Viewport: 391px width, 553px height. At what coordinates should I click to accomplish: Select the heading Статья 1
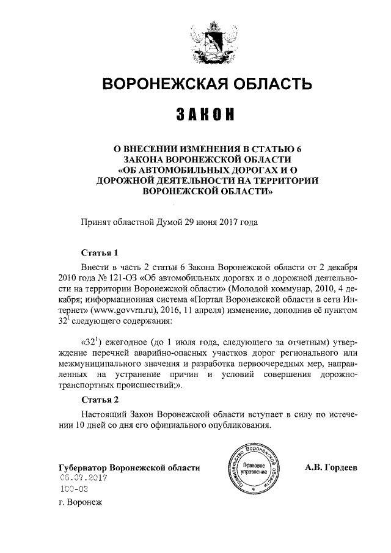click(98, 253)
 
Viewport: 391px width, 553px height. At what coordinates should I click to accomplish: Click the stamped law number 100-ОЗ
click(75, 489)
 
